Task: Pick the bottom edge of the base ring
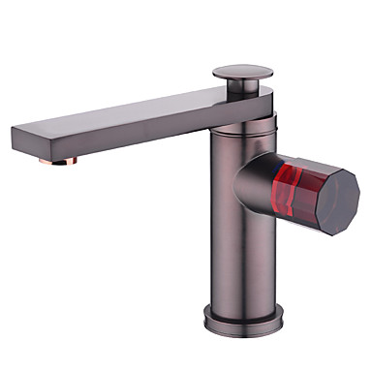click(x=241, y=326)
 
